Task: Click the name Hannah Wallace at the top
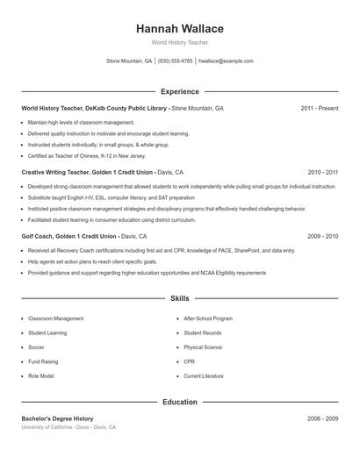tap(180, 29)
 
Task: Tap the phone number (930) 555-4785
tap(176, 61)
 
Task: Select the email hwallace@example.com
tap(226, 61)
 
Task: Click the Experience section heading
tap(180, 91)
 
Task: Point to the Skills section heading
tap(180, 298)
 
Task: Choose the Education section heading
tap(180, 402)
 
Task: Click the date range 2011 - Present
tap(320, 108)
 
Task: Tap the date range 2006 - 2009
tap(323, 418)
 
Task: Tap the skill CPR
tap(189, 361)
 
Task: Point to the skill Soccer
tap(38, 347)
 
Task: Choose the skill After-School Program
tap(208, 318)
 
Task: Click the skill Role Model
tap(41, 376)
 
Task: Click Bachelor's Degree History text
tap(57, 418)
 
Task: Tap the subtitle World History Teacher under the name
tap(180, 42)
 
